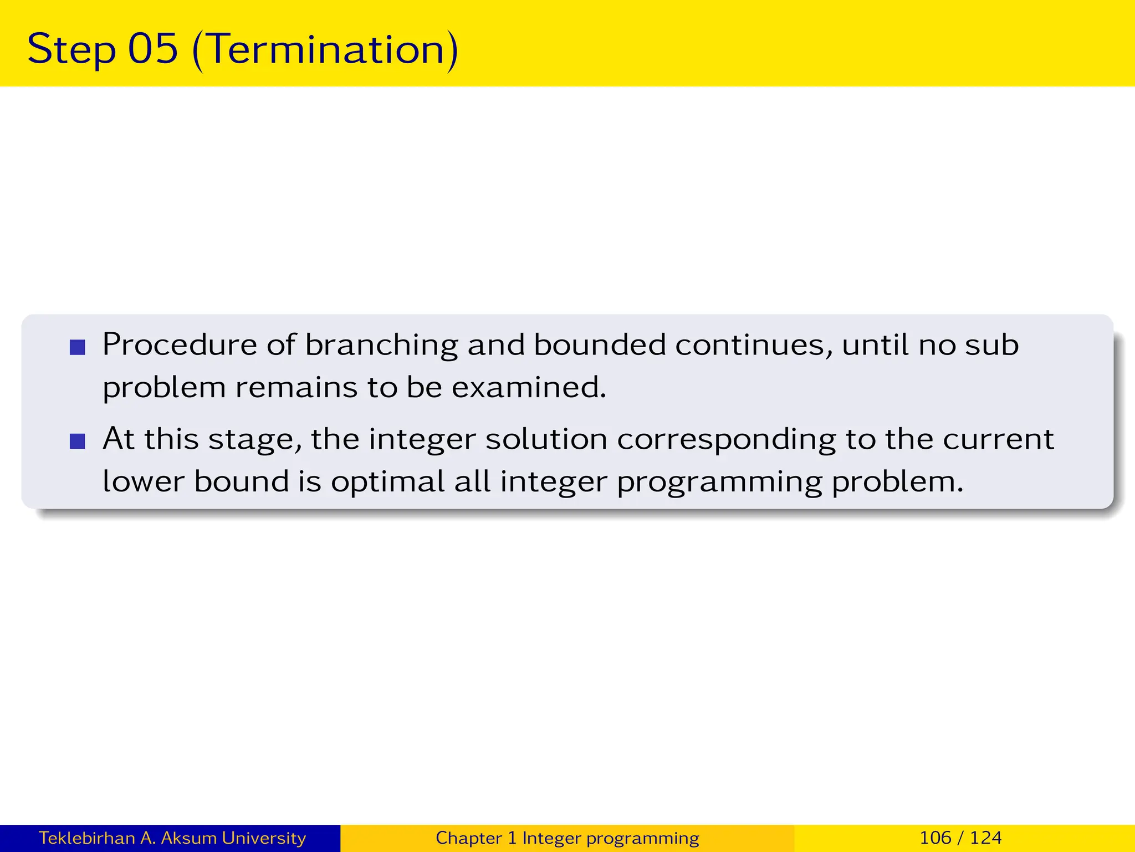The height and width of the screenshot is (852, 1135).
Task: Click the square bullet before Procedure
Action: coord(78,348)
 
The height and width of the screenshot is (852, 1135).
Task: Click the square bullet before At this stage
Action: coord(78,442)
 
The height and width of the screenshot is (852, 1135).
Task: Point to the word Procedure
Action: coord(180,345)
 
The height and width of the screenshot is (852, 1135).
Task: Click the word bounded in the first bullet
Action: coord(599,345)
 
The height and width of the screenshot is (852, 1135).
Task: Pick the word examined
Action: coord(529,387)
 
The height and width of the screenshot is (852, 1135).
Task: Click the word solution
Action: coord(546,439)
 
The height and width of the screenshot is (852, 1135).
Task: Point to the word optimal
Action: coord(388,482)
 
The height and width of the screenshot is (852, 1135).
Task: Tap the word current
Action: coord(998,439)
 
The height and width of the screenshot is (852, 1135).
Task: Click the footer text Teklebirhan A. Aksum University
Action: coord(172,838)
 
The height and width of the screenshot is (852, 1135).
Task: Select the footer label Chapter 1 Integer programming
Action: coord(567,838)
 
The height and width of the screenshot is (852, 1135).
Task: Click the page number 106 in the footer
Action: coord(935,838)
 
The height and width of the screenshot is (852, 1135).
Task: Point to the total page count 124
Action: coord(986,838)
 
